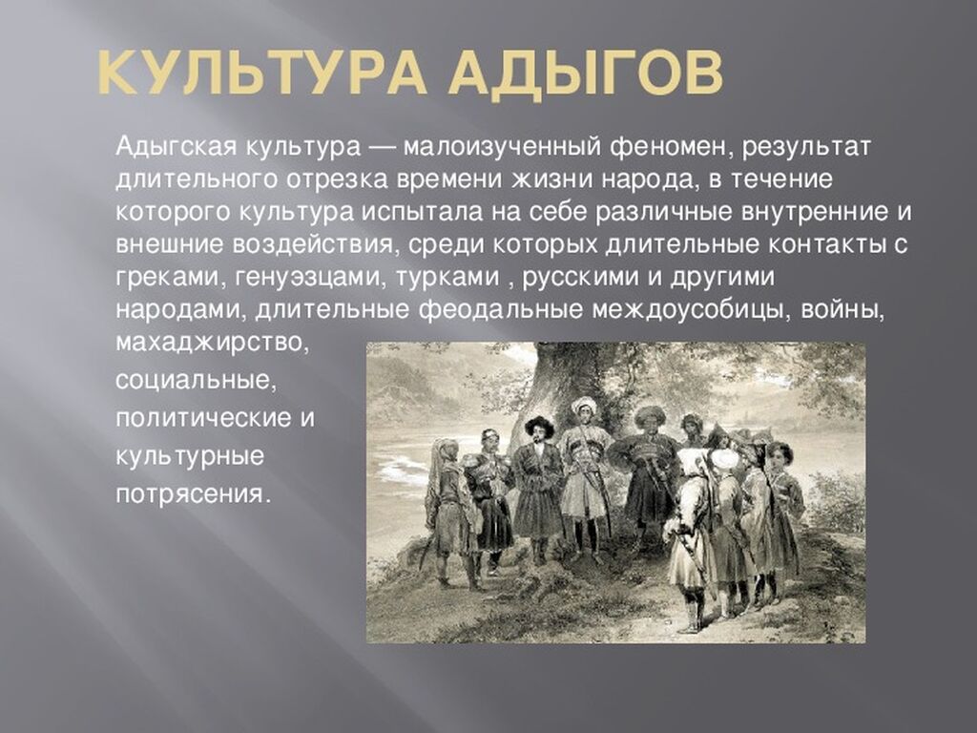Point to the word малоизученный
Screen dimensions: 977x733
(500, 148)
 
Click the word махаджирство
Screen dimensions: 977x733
(212, 343)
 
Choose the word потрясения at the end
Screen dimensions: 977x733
(194, 493)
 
